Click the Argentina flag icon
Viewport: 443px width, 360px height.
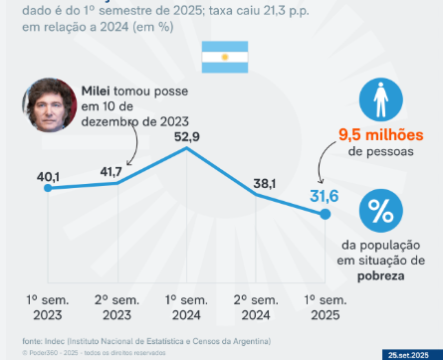(x=221, y=58)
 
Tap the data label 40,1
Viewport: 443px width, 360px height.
(x=49, y=177)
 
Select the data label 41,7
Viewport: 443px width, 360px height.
(x=118, y=171)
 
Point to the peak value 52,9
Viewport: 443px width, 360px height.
(x=187, y=137)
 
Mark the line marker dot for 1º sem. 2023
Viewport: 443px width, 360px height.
(x=48, y=188)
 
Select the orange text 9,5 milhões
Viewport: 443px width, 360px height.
(x=379, y=134)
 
